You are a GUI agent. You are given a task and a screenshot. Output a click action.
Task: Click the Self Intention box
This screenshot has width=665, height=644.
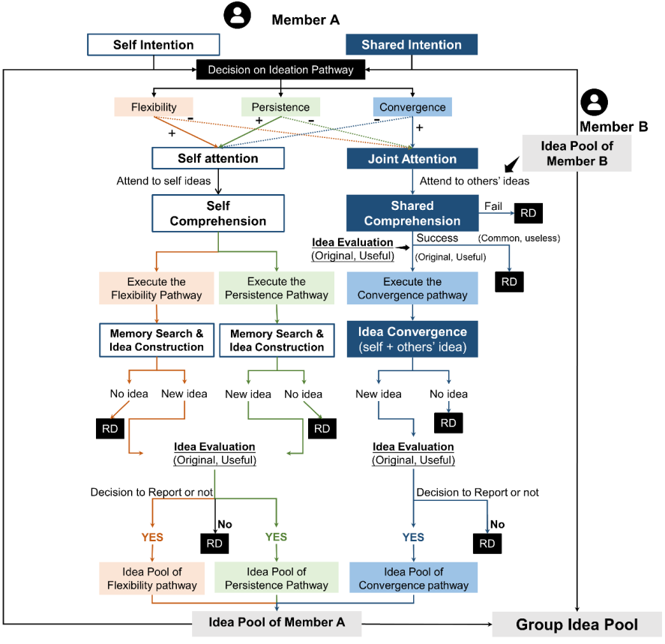(x=154, y=45)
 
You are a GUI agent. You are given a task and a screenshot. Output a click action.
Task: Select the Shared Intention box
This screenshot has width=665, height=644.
(x=411, y=45)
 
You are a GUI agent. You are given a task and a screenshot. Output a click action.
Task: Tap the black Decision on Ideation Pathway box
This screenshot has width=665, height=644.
(x=280, y=70)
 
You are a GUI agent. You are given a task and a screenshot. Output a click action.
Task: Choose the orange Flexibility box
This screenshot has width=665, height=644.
(x=154, y=106)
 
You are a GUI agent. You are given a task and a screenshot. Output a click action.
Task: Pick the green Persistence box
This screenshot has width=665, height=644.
(x=280, y=106)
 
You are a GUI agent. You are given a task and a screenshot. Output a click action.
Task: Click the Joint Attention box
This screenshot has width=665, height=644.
(x=412, y=159)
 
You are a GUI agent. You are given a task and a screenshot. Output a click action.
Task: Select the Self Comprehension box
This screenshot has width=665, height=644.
(x=217, y=213)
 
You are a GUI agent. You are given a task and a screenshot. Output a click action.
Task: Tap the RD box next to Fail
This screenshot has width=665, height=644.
(x=528, y=213)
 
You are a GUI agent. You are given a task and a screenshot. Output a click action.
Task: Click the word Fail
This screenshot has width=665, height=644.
(x=493, y=205)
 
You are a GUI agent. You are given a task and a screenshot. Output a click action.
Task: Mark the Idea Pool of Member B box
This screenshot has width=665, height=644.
(x=577, y=154)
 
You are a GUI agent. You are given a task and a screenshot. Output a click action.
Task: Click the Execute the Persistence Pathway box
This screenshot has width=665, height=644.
(x=277, y=289)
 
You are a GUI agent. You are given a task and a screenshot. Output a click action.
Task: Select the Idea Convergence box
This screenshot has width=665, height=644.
(x=412, y=339)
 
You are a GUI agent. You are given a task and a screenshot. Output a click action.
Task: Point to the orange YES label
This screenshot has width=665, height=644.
(x=152, y=538)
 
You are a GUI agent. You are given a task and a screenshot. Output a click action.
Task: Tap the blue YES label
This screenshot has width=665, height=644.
(x=412, y=538)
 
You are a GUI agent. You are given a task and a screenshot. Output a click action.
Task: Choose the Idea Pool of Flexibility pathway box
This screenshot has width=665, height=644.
(x=154, y=578)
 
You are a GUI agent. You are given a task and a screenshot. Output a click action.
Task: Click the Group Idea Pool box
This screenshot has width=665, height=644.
(x=577, y=625)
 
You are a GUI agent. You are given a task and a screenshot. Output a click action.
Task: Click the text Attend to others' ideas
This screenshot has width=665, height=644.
(x=474, y=181)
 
